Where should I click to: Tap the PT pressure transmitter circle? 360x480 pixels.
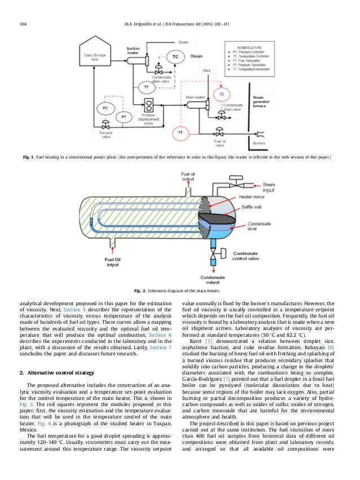click(125, 116)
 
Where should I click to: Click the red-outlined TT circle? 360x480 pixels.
click(181, 133)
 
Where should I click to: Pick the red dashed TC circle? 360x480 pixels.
click(222, 94)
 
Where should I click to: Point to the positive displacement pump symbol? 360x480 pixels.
click(150, 105)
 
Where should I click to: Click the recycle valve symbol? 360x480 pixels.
click(105, 126)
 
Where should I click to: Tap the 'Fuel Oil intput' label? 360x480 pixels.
click(112, 262)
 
